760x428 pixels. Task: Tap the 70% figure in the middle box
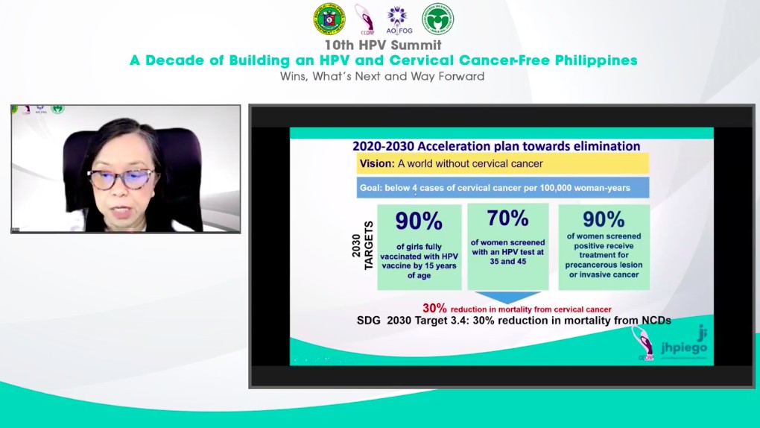point(507,218)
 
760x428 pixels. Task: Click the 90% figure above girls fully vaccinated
point(418,221)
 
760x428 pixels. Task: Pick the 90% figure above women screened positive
point(604,219)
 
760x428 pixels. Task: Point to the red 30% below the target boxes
point(434,308)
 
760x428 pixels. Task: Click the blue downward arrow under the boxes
point(507,296)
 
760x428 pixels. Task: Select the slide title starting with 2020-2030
point(495,146)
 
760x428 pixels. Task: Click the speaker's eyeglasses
point(122,178)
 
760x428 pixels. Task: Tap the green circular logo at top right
point(437,18)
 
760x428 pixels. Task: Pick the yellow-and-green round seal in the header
point(329,19)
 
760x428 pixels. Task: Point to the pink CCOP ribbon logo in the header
point(364,18)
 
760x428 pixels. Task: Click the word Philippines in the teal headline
point(595,60)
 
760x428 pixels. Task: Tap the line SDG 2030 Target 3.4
point(514,320)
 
